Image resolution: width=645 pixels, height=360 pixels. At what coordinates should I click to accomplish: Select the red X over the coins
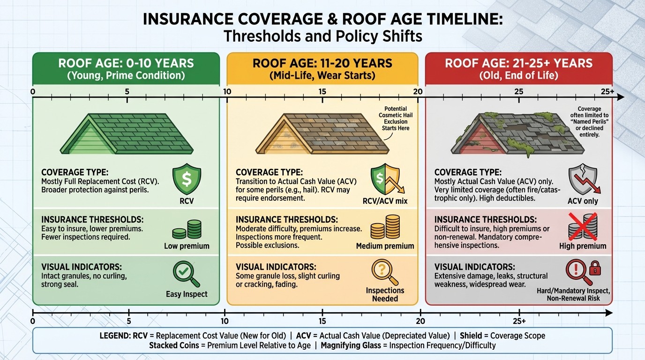click(582, 225)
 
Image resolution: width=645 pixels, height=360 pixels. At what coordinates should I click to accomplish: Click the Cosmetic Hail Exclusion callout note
click(395, 118)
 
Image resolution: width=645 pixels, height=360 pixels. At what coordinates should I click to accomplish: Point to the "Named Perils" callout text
click(589, 121)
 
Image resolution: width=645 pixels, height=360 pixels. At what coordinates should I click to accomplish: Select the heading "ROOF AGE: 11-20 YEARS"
click(322, 63)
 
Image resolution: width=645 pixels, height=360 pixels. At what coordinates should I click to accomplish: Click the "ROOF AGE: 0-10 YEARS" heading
click(126, 63)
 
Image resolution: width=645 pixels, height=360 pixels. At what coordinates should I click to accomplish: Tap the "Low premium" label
click(187, 246)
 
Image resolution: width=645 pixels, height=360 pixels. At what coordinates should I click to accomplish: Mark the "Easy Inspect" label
click(187, 294)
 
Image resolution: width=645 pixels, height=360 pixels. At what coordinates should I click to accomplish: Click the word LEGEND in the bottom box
click(116, 336)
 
